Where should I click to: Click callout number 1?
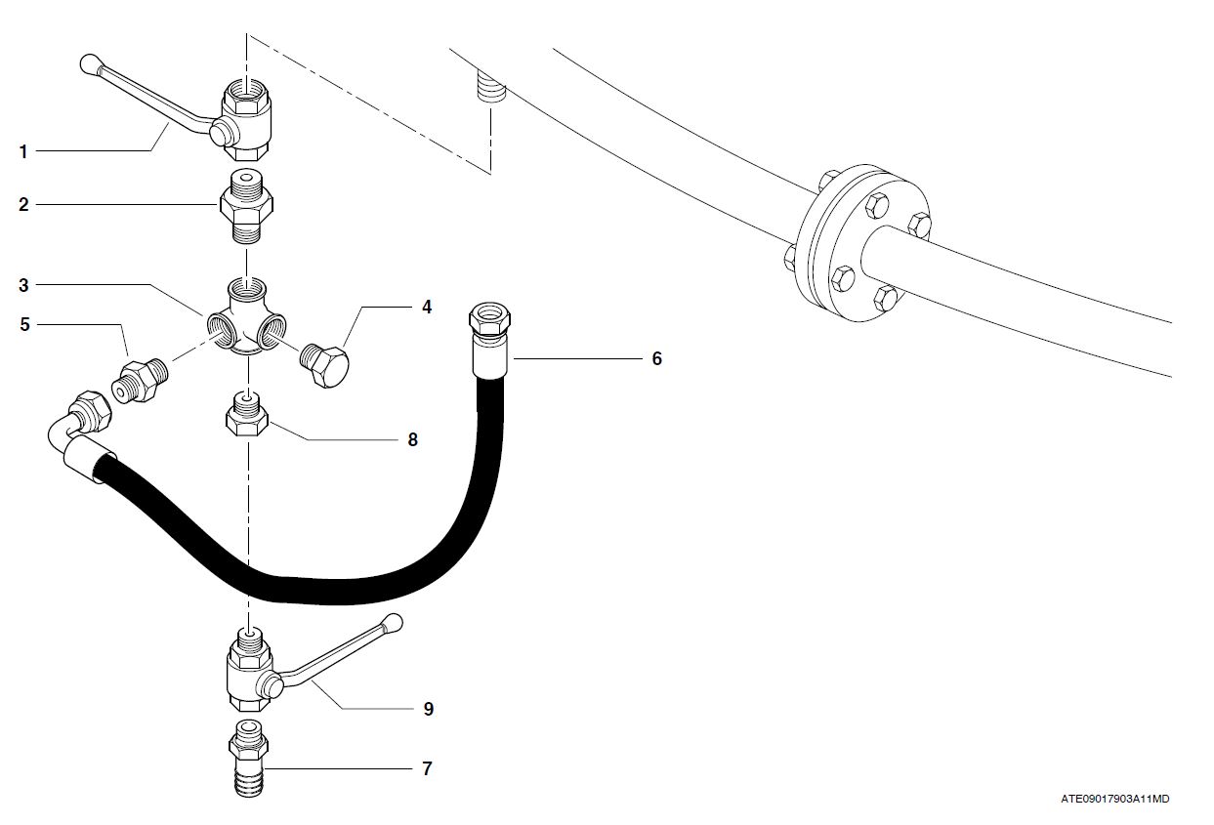22,151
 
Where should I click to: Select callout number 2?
22,204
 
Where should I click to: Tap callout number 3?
22,285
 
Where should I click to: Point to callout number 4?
427,307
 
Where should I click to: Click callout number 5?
22,324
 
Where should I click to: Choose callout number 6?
656,359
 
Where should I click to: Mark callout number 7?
426,769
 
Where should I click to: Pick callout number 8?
412,440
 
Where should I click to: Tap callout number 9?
428,709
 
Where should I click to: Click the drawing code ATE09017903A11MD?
1114,799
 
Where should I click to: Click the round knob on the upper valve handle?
88,65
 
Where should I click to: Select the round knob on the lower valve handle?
393,621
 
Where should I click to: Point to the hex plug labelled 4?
326,365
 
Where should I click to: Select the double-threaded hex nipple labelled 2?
246,208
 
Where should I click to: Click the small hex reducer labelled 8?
248,417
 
